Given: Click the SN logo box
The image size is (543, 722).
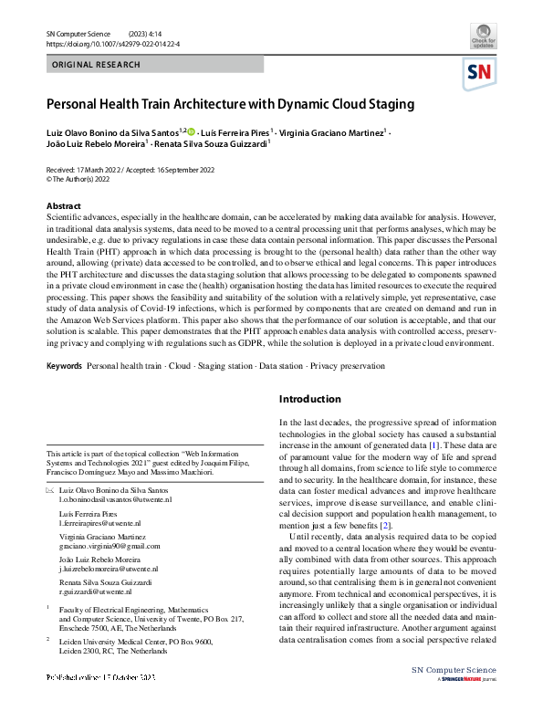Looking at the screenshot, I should pos(481,73).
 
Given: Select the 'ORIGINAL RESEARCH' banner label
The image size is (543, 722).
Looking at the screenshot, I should pos(97,65).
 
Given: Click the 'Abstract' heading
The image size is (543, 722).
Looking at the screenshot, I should pos(63,206).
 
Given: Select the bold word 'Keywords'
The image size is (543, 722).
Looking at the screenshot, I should pos(64,366).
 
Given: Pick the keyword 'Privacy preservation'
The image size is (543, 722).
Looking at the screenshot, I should pos(347,366).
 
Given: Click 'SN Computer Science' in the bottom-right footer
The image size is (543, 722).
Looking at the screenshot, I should pos(455,696).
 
